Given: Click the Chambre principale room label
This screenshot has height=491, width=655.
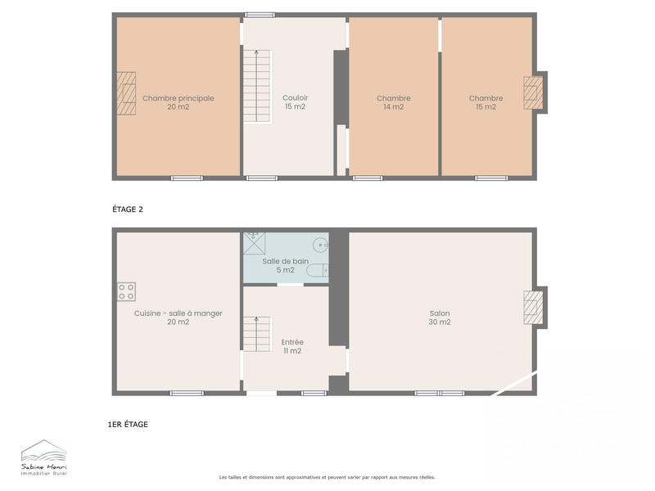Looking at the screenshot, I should point(178,102).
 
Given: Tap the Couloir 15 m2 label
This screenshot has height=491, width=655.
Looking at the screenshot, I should point(295,102).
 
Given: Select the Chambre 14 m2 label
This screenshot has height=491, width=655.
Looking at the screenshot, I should point(393,102).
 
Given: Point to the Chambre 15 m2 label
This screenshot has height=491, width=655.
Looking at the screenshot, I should point(486,102).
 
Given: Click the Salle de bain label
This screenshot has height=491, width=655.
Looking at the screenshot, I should point(285,265).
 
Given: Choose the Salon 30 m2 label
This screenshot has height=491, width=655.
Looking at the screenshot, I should point(440,318).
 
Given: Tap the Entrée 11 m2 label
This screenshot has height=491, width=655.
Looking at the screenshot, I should point(292,346).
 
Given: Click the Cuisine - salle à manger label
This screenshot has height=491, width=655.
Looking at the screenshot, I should point(178,318).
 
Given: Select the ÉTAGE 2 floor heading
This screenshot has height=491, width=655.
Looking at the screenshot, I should point(128,209).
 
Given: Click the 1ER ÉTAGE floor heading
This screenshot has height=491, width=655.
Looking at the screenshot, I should point(128,425).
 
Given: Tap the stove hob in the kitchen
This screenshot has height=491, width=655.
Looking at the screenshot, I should point(126,291).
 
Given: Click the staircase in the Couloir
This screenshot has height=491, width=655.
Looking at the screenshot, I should point(256,87).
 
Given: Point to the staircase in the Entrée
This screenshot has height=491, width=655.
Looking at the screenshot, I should point(256,334).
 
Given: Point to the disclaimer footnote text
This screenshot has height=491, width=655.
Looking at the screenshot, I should point(327,477).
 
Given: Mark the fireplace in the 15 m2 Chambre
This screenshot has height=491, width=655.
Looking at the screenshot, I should point(535,92).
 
